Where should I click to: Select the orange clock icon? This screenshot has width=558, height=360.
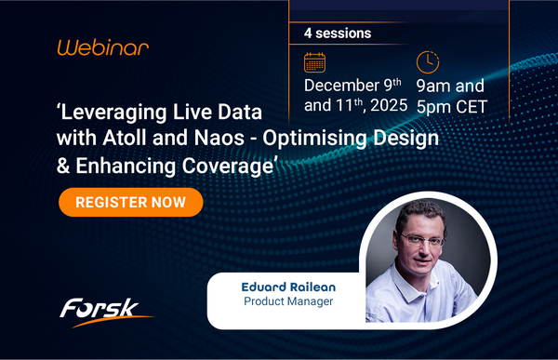[427, 61]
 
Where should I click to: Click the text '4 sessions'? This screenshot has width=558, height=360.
[338, 33]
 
